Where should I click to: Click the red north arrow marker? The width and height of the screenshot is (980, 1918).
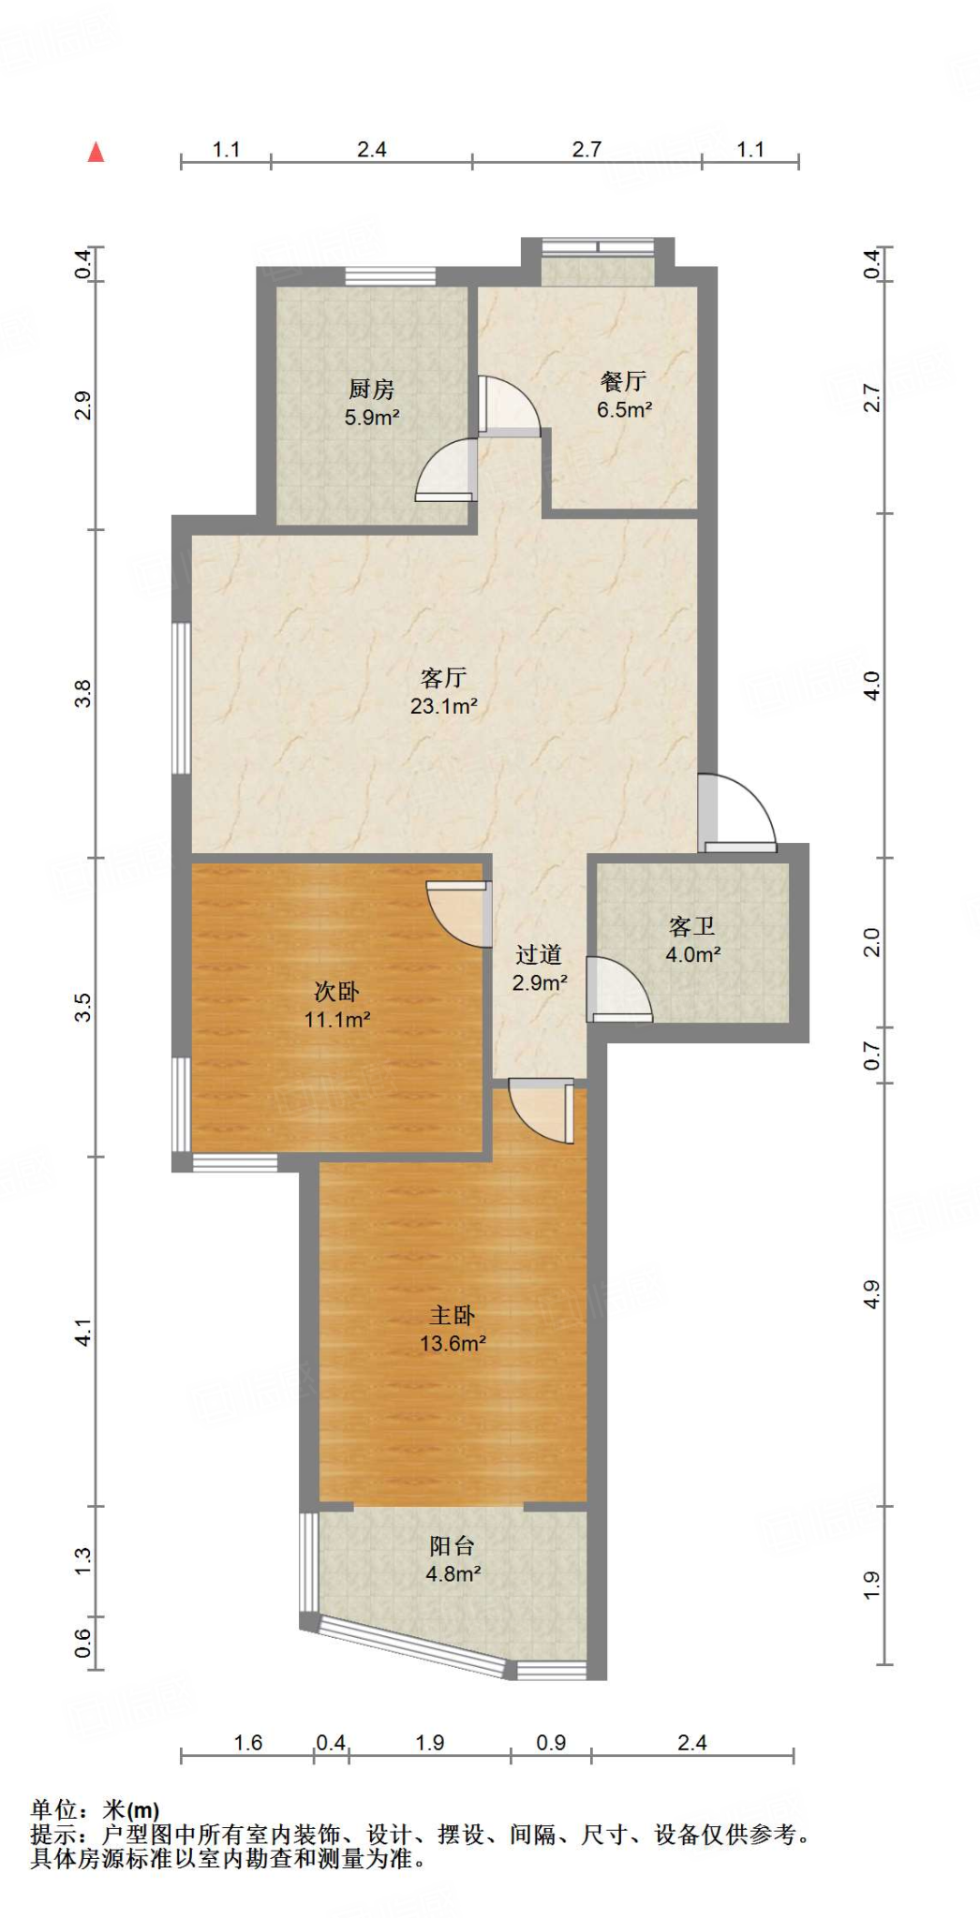coord(96,152)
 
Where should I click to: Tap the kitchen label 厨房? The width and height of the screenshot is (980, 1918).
coord(371,389)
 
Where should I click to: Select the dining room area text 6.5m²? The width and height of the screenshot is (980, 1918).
coord(624,409)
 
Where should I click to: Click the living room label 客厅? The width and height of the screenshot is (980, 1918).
coord(443,677)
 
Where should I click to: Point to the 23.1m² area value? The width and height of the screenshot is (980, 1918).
coord(443,706)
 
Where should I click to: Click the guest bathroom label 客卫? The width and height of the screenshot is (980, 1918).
coord(692,926)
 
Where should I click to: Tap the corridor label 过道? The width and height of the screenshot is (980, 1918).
coord(539,954)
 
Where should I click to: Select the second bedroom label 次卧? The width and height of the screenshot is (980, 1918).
coord(336,991)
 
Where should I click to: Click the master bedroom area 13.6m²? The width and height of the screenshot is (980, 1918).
coord(453,1343)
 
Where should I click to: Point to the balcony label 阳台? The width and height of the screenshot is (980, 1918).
coord(453,1546)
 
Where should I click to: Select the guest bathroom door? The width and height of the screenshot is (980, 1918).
coord(616,989)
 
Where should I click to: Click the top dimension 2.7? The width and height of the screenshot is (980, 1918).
coord(587,149)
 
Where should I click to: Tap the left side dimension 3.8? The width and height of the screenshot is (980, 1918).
coord(83,693)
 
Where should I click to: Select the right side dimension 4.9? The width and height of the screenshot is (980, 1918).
coord(871,1294)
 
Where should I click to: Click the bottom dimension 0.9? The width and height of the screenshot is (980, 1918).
coord(551,1743)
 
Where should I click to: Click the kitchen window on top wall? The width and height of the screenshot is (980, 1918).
coord(391,276)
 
